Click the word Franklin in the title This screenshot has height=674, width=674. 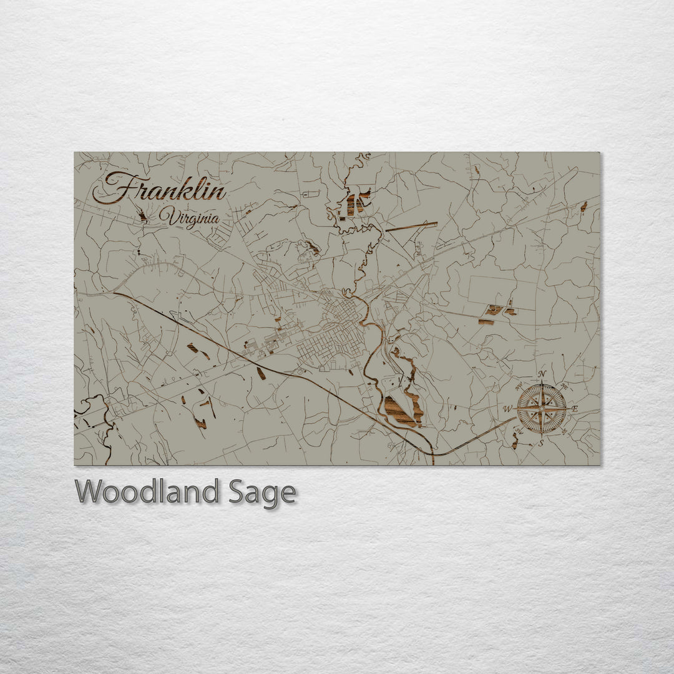click(x=159, y=188)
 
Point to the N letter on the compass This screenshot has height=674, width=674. click(x=542, y=374)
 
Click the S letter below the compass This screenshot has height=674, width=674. click(x=541, y=442)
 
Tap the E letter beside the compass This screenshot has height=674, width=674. click(x=575, y=409)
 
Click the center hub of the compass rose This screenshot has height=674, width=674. click(x=541, y=409)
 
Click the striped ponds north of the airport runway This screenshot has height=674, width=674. click(x=356, y=203)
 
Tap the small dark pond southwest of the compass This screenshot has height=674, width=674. click(x=514, y=444)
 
